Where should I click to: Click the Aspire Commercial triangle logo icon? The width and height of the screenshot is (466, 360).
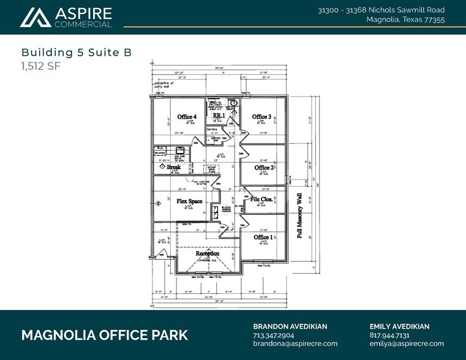pos(35,18)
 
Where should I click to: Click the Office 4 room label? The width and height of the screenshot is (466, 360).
pos(187,116)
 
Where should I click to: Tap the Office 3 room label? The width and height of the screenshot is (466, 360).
pos(261,116)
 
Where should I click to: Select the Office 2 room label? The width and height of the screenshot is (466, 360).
pos(263,167)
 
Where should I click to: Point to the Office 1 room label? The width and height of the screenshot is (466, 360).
pos(263,237)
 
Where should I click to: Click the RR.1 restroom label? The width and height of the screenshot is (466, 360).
pos(219,115)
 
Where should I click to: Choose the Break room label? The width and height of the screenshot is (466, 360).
pos(174,167)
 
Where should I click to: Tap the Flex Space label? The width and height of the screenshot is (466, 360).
pos(189,201)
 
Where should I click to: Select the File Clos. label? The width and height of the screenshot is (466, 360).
pos(261,199)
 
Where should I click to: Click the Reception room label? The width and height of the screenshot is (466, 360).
pos(207,253)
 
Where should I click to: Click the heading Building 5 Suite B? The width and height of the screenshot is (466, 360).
pos(77,53)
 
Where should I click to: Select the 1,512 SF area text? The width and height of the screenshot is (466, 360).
pos(41,66)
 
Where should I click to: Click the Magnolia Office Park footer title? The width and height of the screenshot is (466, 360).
pos(105,336)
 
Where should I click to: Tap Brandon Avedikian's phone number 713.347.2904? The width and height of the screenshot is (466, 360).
pos(274,336)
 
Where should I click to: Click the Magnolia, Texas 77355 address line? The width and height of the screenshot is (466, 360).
pos(405,20)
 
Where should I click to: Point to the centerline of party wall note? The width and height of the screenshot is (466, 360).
pos(167,83)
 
